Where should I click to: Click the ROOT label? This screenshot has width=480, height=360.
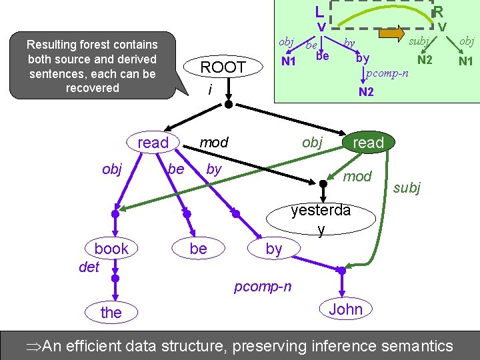point(223,67)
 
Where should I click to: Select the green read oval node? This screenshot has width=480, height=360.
point(368,143)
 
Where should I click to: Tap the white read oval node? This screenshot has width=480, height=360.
point(153,143)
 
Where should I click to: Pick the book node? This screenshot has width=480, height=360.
point(111,249)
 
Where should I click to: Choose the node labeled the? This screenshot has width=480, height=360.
point(111,312)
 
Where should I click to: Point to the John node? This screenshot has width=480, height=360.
point(345,309)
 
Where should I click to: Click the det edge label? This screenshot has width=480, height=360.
point(89,267)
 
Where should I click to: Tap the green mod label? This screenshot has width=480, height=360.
point(357,175)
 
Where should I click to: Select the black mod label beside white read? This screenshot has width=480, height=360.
point(214,142)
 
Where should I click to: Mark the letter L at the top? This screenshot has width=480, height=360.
point(320,11)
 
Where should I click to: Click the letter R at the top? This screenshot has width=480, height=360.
point(438,11)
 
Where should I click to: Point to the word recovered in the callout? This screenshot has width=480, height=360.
point(92,88)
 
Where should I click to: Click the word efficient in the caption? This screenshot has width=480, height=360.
point(107,346)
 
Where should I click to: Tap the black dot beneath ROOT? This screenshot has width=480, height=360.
point(228,105)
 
